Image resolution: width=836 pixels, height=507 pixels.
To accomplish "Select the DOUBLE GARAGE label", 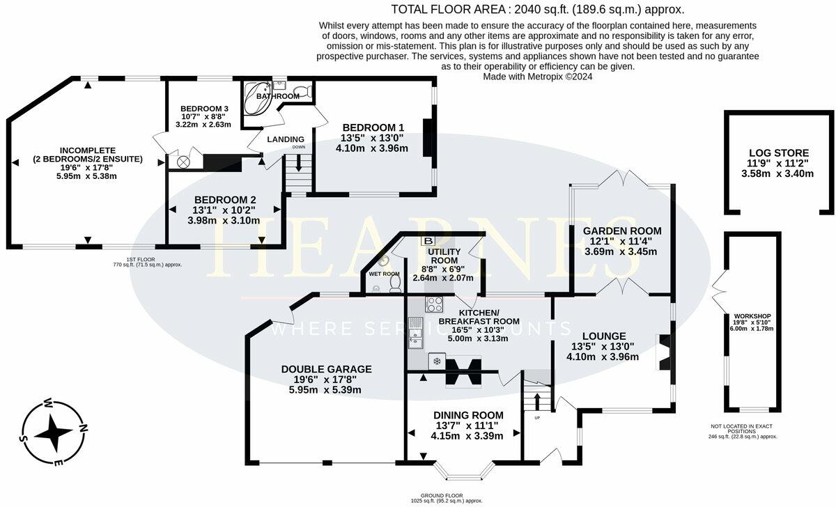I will click(326, 369).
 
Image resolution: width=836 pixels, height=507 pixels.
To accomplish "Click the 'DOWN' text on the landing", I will click(299, 148).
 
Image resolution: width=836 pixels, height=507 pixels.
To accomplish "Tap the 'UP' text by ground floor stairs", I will click(537, 418).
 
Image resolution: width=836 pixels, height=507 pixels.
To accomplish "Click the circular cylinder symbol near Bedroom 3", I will click(183, 162).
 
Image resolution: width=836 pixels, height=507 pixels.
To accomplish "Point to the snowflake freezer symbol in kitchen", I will click(438, 361).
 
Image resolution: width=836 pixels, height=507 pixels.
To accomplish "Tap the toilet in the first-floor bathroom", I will click(302, 91).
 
